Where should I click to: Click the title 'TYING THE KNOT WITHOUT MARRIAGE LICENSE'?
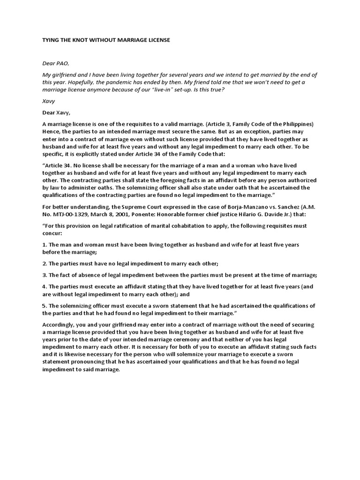[106, 40]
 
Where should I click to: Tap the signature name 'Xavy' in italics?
[49, 101]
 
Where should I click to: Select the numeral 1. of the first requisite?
[45, 245]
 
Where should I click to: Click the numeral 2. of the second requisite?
[45, 263]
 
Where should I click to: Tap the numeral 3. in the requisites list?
[45, 275]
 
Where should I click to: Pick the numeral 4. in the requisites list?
[45, 286]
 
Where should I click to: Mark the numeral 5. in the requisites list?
[45, 305]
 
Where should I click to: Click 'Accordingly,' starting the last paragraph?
[59, 324]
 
